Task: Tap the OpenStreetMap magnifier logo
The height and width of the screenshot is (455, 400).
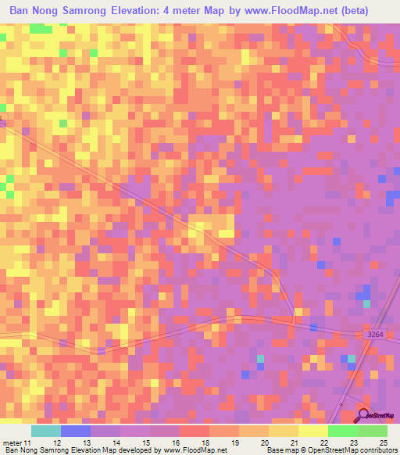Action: point(364,415)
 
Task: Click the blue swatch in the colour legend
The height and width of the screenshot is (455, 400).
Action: point(76,431)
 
